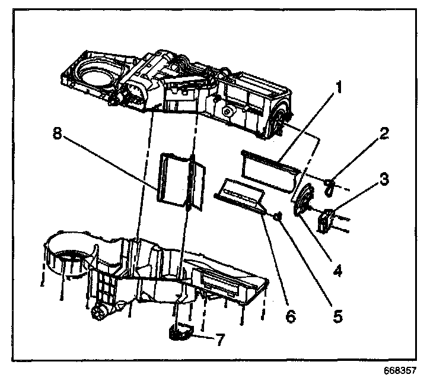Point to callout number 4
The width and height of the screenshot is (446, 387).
coord(337,271)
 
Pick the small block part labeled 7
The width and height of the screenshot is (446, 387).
coord(180,331)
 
